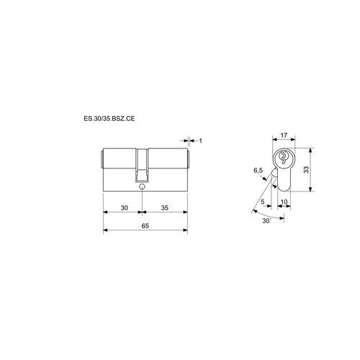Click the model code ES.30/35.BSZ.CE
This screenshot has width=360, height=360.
pyautogui.click(x=109, y=119)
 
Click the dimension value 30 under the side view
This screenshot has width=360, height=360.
pyautogui.click(x=124, y=207)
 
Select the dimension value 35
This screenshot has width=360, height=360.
pyautogui.click(x=165, y=207)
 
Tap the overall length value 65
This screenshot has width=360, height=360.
pyautogui.click(x=145, y=225)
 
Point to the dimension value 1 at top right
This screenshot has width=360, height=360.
pyautogui.click(x=201, y=140)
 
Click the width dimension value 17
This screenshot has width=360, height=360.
pyautogui.click(x=284, y=135)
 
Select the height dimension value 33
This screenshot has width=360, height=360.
pyautogui.click(x=306, y=170)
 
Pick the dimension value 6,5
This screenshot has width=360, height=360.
pyautogui.click(x=258, y=171)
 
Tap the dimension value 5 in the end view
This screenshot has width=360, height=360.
pyautogui.click(x=263, y=202)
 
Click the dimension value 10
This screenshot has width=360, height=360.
pyautogui.click(x=284, y=202)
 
